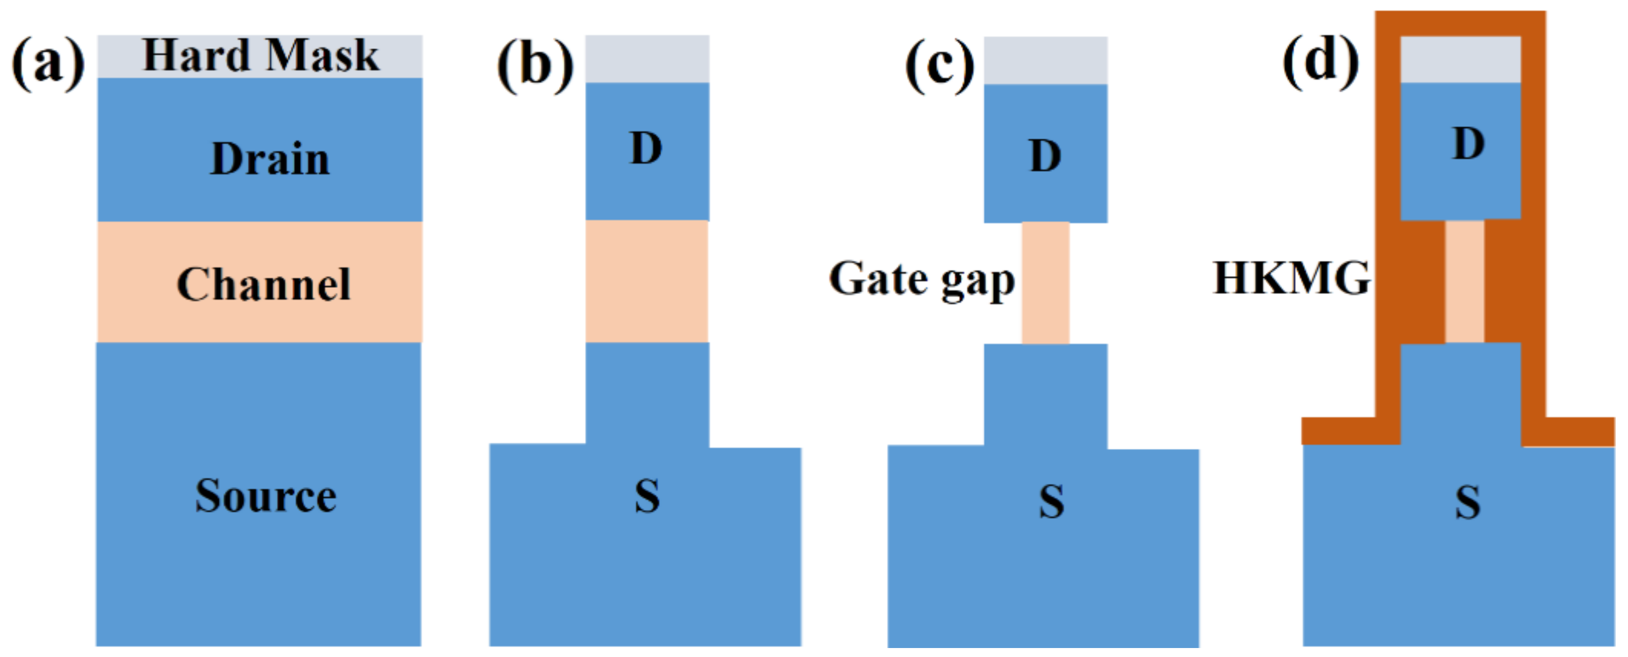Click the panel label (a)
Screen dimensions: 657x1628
[48, 64]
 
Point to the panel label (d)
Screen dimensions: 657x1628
[1321, 61]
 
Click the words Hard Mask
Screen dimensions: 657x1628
[260, 56]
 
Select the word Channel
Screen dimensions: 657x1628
[263, 284]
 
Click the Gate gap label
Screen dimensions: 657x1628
[921, 280]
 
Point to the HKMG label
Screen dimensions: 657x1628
[1291, 278]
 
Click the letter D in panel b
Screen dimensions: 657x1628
[646, 149]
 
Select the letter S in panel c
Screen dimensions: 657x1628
[1051, 502]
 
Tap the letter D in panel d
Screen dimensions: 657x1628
[1468, 144]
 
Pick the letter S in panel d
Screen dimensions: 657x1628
[1468, 503]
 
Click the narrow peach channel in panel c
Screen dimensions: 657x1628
[1045, 283]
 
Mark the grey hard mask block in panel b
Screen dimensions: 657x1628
[647, 59]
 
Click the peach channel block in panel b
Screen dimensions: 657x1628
[647, 282]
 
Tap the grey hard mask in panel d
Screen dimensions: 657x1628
[1460, 59]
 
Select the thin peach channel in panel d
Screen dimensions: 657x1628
[1464, 282]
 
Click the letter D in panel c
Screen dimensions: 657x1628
[1045, 156]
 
